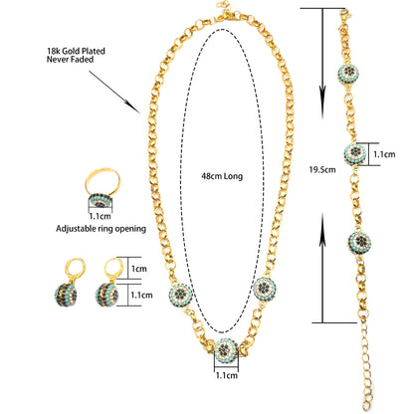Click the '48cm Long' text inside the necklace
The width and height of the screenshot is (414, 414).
click(x=222, y=176)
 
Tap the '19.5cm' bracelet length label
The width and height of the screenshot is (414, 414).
click(x=322, y=170)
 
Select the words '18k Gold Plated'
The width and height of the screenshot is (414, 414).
click(x=76, y=51)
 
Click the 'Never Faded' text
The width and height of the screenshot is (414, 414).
click(x=70, y=60)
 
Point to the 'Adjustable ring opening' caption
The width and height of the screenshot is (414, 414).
click(x=101, y=229)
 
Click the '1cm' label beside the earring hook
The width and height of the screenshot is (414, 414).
click(x=139, y=269)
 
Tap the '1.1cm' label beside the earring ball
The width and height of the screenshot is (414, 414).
click(x=141, y=295)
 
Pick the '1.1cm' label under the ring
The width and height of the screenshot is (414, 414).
click(x=100, y=216)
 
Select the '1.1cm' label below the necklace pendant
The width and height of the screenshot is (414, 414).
click(x=227, y=375)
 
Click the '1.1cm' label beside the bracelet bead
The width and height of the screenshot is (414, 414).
click(x=384, y=154)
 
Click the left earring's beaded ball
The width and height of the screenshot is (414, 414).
click(x=66, y=295)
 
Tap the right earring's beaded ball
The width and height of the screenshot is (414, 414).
click(x=106, y=295)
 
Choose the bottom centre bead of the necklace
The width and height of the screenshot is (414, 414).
click(x=226, y=350)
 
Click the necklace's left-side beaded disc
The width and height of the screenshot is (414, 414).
click(x=181, y=294)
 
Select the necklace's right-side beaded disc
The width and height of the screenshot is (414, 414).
click(x=265, y=288)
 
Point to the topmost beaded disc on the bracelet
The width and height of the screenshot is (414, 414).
click(x=348, y=73)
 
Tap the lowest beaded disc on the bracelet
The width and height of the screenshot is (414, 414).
click(x=359, y=243)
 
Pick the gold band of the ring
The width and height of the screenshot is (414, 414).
click(x=103, y=181)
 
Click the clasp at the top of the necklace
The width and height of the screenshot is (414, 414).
click(x=228, y=13)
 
